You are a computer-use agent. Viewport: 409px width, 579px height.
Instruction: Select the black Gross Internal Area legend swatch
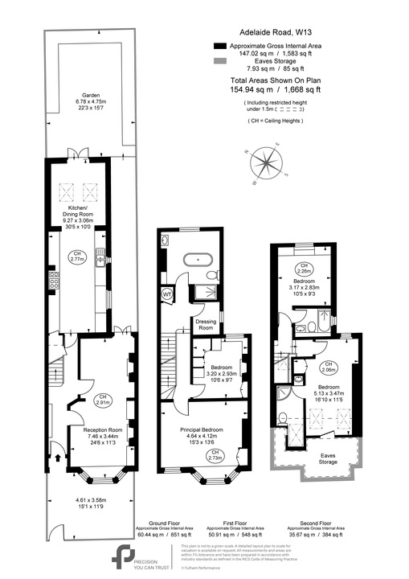[220, 47]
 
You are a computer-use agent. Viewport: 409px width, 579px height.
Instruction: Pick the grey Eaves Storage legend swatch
[220, 61]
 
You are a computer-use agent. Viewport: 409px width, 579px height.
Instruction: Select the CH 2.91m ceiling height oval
[103, 400]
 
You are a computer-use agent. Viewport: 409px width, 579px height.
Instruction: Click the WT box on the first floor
[168, 294]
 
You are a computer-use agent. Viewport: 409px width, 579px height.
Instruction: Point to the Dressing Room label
[206, 325]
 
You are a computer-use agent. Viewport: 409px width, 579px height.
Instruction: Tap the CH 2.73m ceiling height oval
[215, 455]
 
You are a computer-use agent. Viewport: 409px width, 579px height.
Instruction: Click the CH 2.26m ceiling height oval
[305, 268]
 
